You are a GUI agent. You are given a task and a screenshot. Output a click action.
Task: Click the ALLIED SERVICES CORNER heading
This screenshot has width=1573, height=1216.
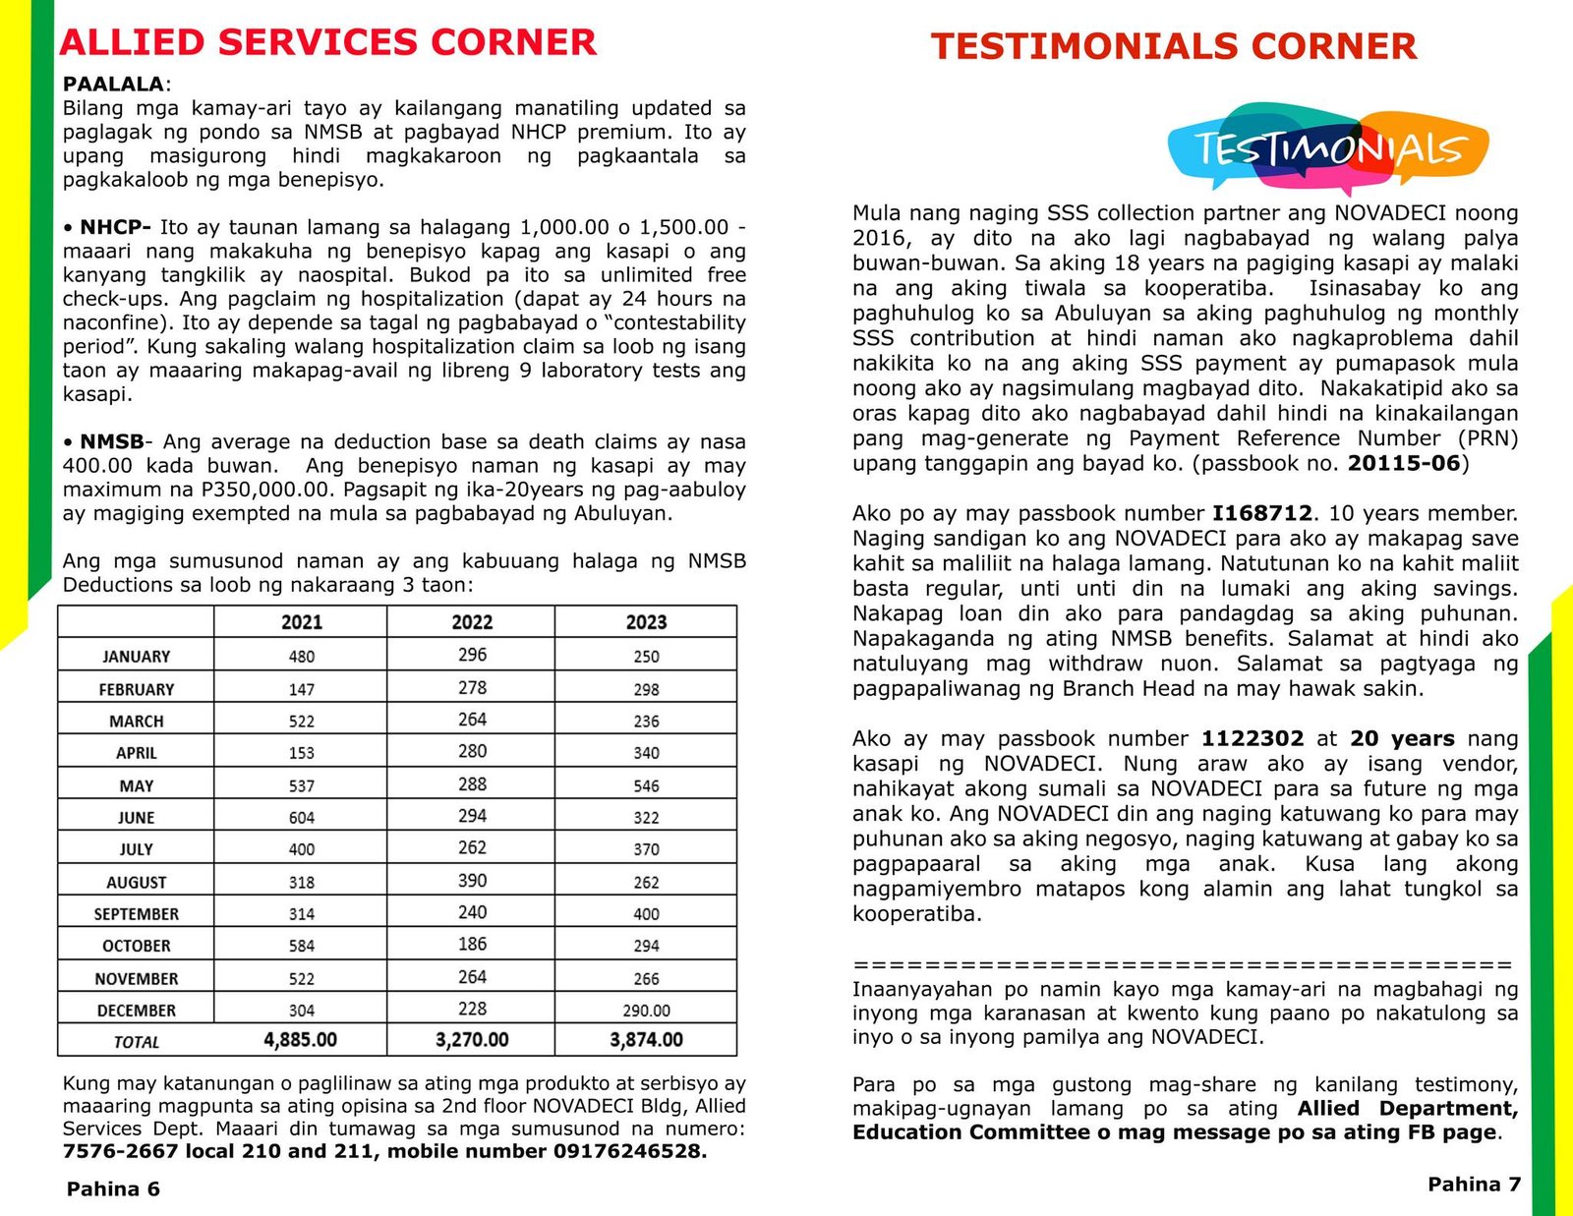pyautogui.click(x=327, y=43)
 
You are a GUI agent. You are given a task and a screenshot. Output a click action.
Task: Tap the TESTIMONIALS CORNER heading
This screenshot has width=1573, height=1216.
pyautogui.click(x=1174, y=47)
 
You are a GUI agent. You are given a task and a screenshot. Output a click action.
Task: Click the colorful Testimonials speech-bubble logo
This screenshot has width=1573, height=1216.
pyautogui.click(x=1328, y=148)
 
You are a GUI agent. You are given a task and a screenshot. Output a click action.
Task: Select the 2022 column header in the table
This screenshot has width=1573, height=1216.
pyautogui.click(x=472, y=622)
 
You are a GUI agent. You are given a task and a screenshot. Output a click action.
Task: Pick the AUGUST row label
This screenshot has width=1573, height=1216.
pyautogui.click(x=137, y=883)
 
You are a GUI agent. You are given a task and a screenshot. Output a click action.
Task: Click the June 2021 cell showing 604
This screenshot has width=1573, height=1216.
pyautogui.click(x=302, y=818)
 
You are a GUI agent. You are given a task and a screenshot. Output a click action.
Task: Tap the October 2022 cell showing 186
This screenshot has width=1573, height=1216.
pyautogui.click(x=472, y=945)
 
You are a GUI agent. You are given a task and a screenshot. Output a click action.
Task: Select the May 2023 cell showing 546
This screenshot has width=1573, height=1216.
pyautogui.click(x=646, y=786)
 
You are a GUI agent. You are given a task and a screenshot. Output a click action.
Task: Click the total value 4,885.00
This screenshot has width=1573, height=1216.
pyautogui.click(x=301, y=1040)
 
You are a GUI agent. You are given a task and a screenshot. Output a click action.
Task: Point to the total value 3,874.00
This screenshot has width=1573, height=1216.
pyautogui.click(x=646, y=1040)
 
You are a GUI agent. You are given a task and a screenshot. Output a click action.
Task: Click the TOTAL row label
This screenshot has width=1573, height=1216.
pyautogui.click(x=137, y=1042)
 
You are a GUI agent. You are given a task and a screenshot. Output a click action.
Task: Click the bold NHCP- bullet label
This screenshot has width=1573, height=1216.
pyautogui.click(x=115, y=228)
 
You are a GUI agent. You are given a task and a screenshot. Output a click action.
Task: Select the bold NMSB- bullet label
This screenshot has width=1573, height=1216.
pyautogui.click(x=112, y=442)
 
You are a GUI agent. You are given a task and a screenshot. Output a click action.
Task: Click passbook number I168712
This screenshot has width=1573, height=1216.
pyautogui.click(x=1261, y=513)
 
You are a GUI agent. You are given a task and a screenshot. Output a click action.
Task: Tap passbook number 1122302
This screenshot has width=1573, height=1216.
pyautogui.click(x=1252, y=739)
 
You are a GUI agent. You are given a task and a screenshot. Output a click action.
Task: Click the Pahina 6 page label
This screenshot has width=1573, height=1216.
pyautogui.click(x=113, y=1189)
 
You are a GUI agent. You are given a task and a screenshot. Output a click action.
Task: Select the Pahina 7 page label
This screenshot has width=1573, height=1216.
pyautogui.click(x=1474, y=1185)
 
